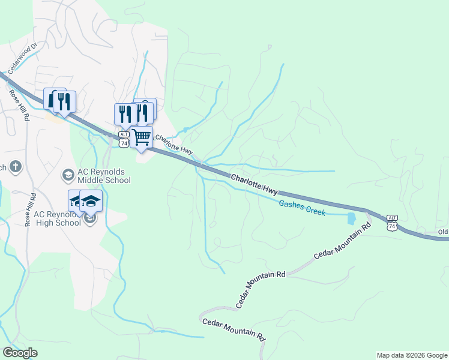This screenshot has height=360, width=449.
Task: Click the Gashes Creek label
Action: [x=302, y=208]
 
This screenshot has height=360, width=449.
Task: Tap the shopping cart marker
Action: [x=142, y=138]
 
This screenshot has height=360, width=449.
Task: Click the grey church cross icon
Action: [x=16, y=167]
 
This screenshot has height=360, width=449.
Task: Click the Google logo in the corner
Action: [x=20, y=353]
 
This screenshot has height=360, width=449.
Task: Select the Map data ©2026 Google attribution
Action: [x=412, y=355]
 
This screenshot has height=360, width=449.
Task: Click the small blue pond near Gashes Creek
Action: [x=352, y=218]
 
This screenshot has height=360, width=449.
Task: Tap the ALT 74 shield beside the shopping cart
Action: [x=123, y=139]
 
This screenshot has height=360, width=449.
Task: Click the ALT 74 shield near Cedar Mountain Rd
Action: [x=392, y=222]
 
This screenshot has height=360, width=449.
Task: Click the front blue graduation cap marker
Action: [x=91, y=201]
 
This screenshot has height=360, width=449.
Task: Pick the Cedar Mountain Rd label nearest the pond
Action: [x=342, y=243]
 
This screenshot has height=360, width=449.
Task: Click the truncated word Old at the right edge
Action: [x=443, y=232]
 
